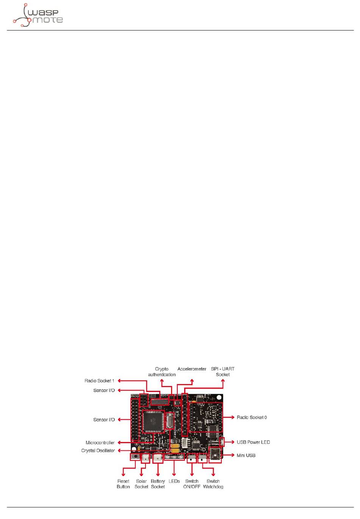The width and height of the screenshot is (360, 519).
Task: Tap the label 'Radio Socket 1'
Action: click(99, 381)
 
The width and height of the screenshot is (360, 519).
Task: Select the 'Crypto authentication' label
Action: click(162, 372)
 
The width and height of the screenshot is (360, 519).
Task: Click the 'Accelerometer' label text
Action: click(192, 369)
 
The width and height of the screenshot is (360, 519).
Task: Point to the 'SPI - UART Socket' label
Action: click(223, 372)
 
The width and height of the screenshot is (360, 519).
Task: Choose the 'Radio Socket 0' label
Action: click(252, 417)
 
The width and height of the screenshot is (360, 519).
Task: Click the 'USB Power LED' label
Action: click(253, 442)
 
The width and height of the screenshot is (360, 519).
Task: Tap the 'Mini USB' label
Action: click(246, 455)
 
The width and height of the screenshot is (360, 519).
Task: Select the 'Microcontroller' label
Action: click(100, 442)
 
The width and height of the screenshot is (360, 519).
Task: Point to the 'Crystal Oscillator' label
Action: click(98, 450)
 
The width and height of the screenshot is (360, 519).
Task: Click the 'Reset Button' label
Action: click(123, 484)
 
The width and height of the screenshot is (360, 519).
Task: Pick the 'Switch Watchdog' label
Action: click(213, 484)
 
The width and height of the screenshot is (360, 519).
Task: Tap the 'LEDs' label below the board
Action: click(174, 481)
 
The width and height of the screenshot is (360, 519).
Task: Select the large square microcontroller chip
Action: click(153, 421)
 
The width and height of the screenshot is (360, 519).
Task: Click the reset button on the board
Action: click(135, 456)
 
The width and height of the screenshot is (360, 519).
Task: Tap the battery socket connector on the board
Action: click(158, 458)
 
